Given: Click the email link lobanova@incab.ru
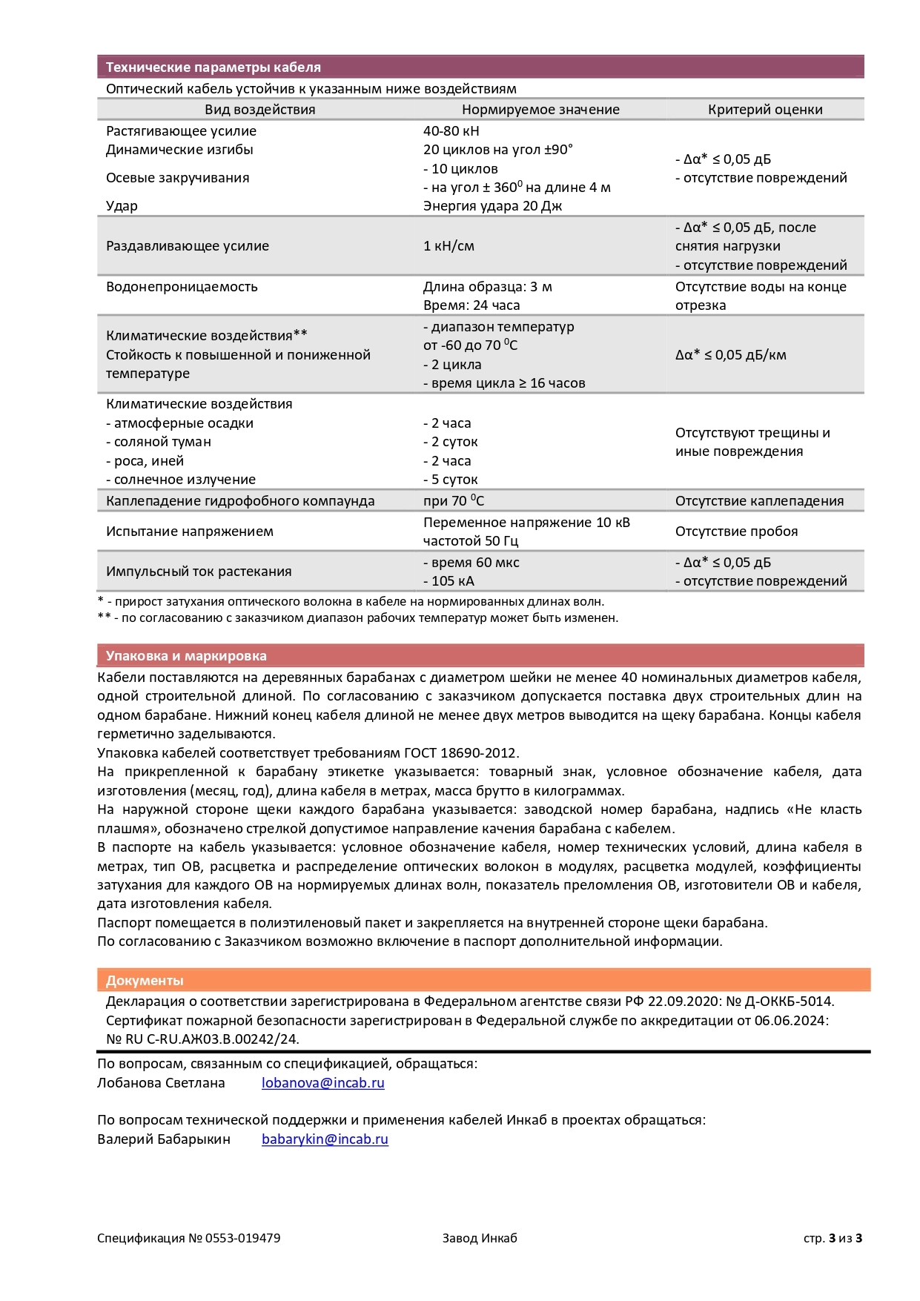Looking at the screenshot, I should (x=322, y=1083).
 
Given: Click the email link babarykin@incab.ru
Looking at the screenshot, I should (x=325, y=1139).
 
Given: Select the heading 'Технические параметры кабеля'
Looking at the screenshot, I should (x=214, y=67).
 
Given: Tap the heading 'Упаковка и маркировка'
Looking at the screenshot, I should (x=186, y=656).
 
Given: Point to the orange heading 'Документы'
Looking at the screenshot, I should (x=145, y=981).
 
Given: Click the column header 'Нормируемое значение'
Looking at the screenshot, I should (x=540, y=110).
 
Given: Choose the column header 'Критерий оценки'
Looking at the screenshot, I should (x=765, y=110).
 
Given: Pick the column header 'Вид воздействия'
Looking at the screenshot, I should (x=259, y=110).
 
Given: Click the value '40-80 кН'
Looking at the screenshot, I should (x=451, y=131).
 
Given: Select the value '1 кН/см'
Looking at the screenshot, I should (x=449, y=246).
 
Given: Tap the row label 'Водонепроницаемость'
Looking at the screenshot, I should (x=182, y=287).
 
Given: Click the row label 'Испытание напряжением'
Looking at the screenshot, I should (x=190, y=532).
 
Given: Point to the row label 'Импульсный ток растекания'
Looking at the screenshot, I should (x=199, y=572).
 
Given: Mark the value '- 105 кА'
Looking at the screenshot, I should (x=449, y=581).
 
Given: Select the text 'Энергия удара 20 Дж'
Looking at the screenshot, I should (x=492, y=206).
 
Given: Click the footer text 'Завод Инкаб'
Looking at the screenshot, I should (x=480, y=1238).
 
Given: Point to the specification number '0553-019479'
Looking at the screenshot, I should (x=242, y=1238).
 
